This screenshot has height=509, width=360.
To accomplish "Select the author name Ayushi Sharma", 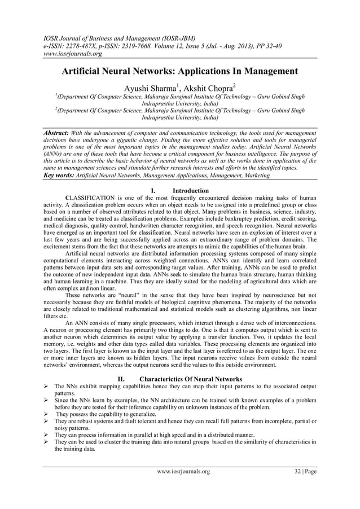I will (148, 86).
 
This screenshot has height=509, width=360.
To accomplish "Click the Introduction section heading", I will (190, 191).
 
